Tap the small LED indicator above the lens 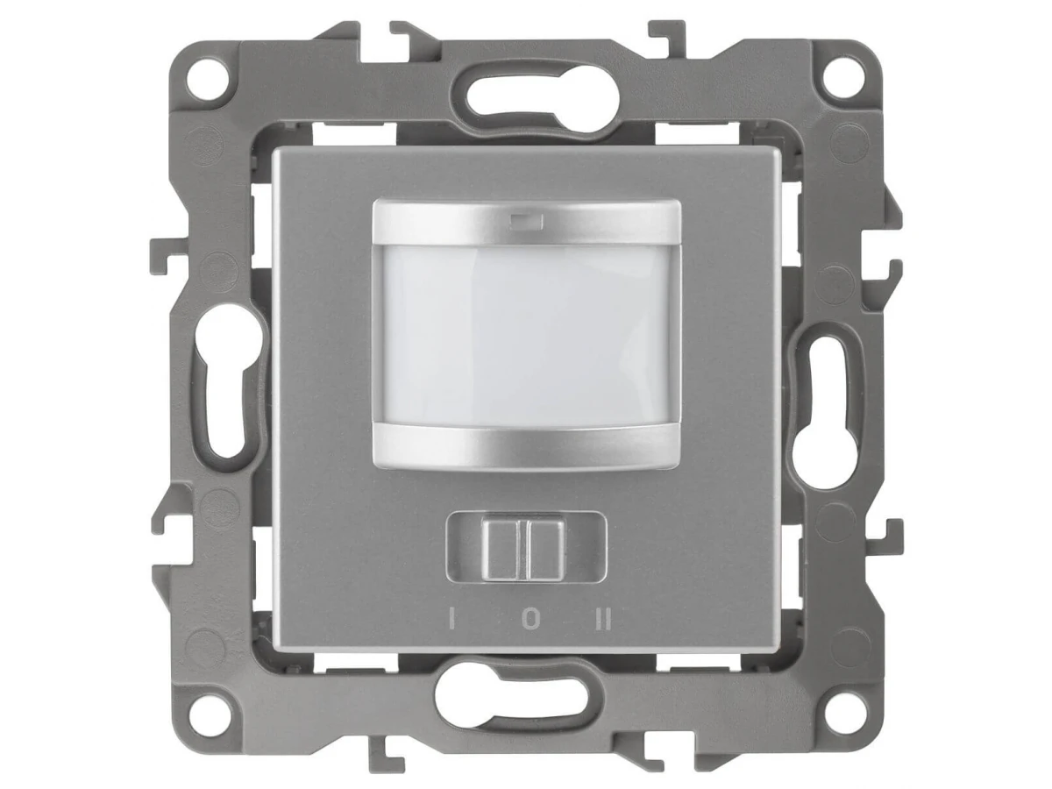(526, 221)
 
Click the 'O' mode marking (530, 620)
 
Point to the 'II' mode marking (603, 620)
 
